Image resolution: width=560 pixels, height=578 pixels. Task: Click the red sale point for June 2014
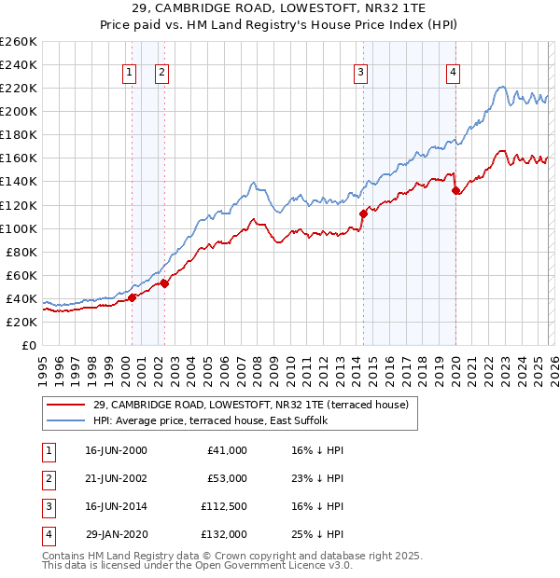[x=363, y=213]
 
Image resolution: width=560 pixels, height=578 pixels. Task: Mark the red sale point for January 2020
[x=455, y=191]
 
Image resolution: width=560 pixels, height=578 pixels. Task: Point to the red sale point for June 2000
[x=132, y=297]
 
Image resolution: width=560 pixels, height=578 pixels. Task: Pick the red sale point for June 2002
[x=164, y=283]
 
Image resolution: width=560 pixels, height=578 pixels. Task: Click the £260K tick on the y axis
[x=19, y=42]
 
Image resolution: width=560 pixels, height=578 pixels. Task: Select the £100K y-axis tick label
[x=19, y=228]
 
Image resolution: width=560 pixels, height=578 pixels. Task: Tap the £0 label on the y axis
[x=28, y=345]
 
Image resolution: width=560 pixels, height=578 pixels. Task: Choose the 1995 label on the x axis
[x=43, y=365]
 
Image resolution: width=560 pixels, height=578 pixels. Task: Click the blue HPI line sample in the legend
[x=66, y=420]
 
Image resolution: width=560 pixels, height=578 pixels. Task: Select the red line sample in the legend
[x=66, y=405]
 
